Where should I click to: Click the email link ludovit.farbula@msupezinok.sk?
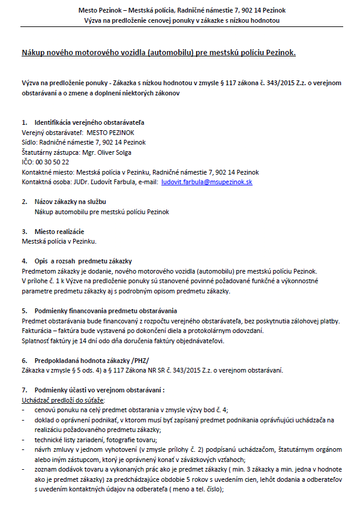pyautogui.click(x=207, y=181)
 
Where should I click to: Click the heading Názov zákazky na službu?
pyautogui.click(x=71, y=202)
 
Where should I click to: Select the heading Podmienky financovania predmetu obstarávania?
pyautogui.click(x=106, y=310)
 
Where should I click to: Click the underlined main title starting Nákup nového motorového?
pyautogui.click(x=158, y=53)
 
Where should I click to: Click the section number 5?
pyautogui.click(x=24, y=310)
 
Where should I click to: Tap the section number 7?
pyautogui.click(x=24, y=389)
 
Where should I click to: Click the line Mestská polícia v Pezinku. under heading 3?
pyautogui.click(x=59, y=241)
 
